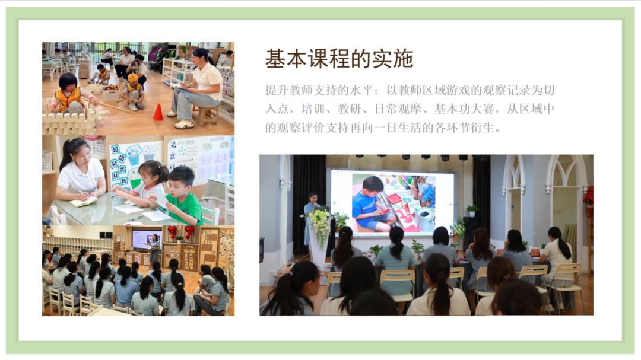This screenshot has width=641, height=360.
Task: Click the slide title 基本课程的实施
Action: point(339,59)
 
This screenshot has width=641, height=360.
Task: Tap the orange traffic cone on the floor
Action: point(158,112)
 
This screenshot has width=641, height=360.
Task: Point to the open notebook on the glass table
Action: point(84,202)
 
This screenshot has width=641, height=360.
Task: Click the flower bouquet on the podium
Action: point(319,225)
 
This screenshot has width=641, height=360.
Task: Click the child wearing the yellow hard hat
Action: point(132,91)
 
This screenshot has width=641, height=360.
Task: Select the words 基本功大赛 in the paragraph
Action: point(464,109)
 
